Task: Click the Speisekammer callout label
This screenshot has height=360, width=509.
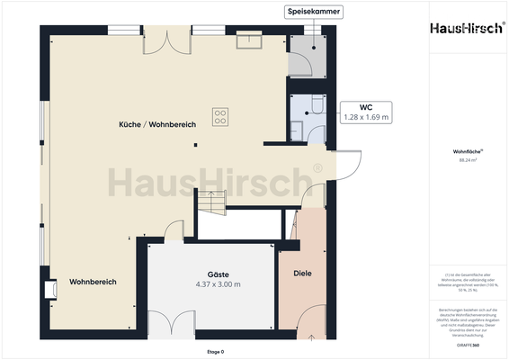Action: [314, 12]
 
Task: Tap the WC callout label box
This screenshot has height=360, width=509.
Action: [366, 111]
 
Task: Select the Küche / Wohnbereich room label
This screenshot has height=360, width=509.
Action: [157, 123]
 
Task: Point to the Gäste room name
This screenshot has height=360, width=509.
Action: [218, 274]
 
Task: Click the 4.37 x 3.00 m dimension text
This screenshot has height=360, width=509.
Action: [218, 284]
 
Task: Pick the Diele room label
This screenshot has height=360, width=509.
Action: [302, 273]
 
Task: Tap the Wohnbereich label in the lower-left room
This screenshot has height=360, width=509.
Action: [93, 282]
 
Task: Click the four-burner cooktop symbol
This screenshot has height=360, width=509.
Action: [220, 115]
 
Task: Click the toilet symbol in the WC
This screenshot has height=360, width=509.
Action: [317, 107]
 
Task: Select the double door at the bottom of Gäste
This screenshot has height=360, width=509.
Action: [170, 324]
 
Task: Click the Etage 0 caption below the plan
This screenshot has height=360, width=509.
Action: [214, 351]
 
